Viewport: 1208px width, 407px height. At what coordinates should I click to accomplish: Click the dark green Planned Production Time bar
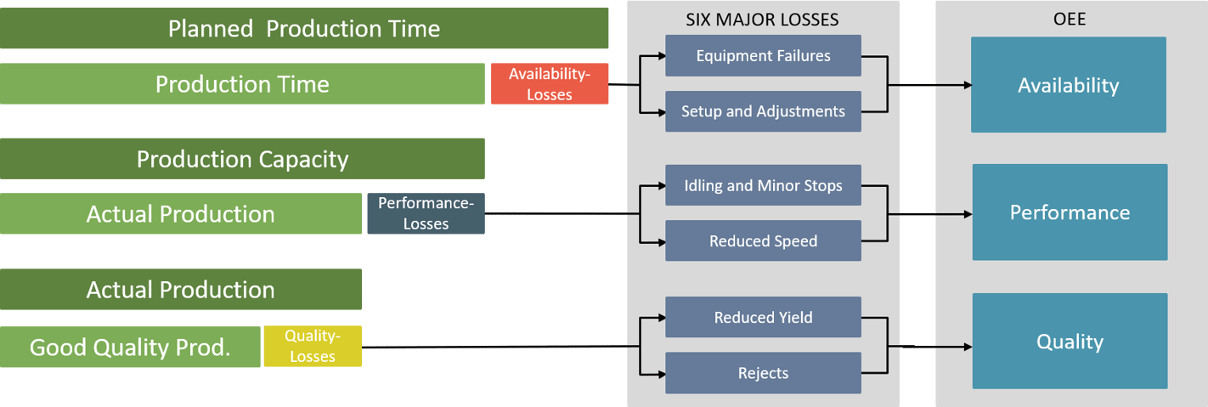pos(304,29)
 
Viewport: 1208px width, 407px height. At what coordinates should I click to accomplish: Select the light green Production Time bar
pos(242,84)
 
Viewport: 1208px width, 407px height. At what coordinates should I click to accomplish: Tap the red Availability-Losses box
pos(550,84)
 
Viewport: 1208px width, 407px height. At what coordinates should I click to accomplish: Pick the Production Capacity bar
pos(242,159)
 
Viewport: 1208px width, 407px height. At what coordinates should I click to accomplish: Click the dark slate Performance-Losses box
pos(426,213)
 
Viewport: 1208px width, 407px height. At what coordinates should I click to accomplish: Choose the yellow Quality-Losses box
pos(313,347)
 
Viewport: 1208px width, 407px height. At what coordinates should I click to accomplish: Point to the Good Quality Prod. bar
pos(130,348)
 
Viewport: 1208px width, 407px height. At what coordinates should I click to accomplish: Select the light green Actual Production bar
pos(181,214)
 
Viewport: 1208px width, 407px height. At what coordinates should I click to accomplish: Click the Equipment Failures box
pos(763,56)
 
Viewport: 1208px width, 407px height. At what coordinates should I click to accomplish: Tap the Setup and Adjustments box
pos(763,111)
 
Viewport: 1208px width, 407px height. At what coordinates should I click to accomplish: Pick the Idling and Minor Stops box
pos(763,185)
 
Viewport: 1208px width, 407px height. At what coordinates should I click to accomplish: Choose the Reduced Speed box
pos(763,241)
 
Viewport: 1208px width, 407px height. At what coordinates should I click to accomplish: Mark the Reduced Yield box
pos(763,318)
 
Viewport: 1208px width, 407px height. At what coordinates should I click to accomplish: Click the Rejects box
pos(763,373)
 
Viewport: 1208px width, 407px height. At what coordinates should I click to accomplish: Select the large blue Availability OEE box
pos(1068,85)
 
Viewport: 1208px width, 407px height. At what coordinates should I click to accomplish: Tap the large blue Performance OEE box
pos(1070,212)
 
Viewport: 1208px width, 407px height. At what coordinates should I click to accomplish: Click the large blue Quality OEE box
pos(1070,342)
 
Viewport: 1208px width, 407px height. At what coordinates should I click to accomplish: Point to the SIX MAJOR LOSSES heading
pos(762,18)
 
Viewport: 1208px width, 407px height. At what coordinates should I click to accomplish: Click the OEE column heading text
pos(1070,18)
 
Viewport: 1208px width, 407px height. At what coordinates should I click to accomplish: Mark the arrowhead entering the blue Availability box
pos(967,85)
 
